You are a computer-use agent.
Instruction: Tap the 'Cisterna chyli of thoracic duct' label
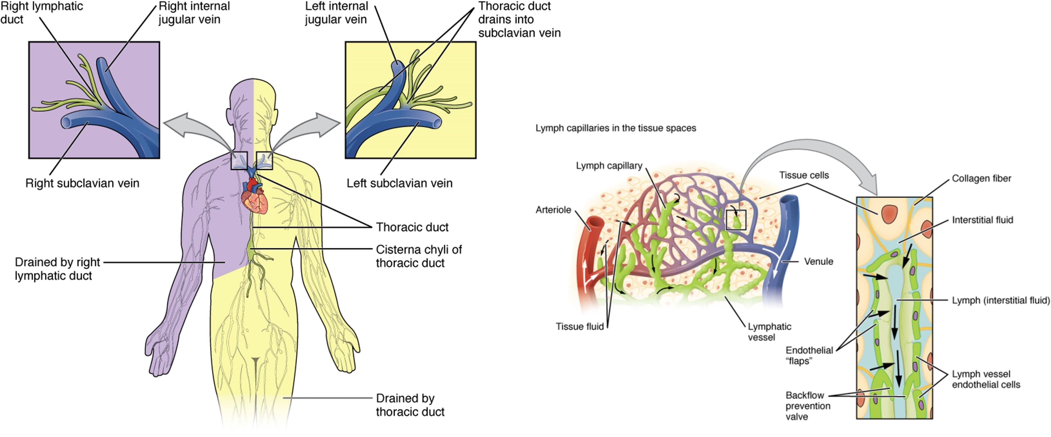point(418,256)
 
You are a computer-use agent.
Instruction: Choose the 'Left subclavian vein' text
point(399,183)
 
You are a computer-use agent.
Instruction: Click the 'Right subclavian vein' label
point(82,183)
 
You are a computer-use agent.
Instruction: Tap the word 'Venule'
point(818,261)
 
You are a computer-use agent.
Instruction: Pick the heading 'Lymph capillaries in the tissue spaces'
point(615,128)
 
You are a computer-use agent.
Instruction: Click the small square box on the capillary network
point(736,220)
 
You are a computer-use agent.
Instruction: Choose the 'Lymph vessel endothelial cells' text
point(986,379)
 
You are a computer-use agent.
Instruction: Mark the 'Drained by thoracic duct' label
point(410,404)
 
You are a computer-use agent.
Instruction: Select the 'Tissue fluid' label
point(579,327)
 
